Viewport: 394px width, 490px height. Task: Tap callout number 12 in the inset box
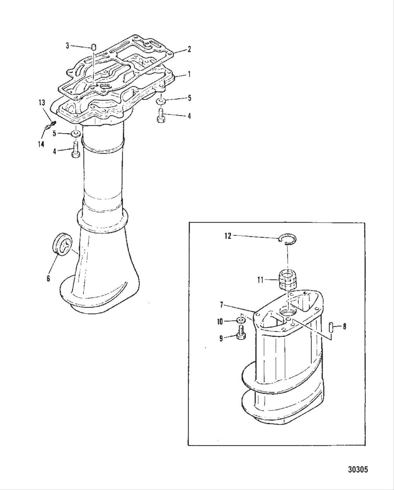(228, 236)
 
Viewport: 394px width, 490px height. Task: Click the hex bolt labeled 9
(242, 333)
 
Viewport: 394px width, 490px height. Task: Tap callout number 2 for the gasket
(189, 49)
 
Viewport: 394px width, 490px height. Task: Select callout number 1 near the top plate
(189, 75)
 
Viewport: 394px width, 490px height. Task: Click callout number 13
(42, 102)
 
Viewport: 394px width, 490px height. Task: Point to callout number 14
(41, 144)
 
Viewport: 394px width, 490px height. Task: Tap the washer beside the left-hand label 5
(75, 134)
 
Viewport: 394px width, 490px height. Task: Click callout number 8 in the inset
(344, 326)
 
